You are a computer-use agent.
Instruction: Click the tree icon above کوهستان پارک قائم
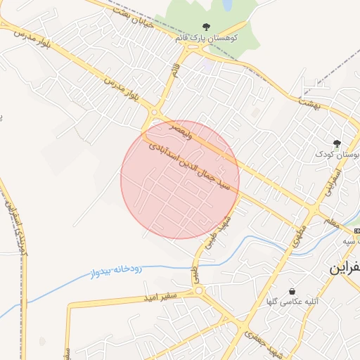[205, 27]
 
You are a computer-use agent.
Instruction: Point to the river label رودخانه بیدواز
[117, 269]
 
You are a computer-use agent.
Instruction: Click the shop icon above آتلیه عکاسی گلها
[292, 291]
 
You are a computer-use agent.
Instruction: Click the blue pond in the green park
[228, 6]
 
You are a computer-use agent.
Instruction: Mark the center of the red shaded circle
[180, 179]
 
